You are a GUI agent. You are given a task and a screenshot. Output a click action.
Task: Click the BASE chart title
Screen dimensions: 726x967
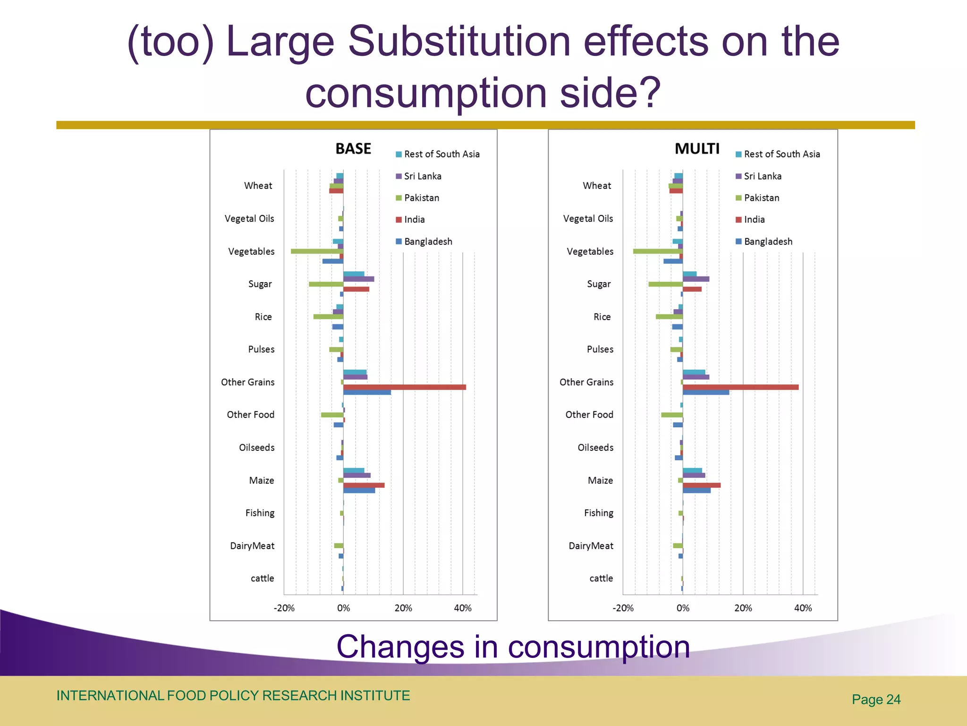353,149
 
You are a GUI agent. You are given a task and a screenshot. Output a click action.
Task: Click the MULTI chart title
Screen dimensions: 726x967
697,149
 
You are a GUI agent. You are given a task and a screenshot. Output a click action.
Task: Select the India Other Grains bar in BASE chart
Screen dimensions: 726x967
404,387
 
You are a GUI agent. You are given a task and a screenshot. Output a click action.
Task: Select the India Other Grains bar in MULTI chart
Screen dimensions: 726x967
740,387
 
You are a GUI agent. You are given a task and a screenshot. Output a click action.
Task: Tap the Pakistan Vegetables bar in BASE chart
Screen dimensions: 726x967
317,251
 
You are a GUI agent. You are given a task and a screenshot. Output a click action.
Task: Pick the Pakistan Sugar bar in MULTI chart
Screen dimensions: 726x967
665,284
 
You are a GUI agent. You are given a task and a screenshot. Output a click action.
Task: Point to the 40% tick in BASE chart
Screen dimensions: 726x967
462,608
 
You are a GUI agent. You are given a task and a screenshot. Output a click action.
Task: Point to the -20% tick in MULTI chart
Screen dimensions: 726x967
623,608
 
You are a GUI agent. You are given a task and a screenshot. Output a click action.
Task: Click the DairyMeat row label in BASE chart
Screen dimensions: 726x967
252,546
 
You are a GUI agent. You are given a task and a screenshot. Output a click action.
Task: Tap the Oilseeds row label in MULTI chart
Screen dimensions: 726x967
595,448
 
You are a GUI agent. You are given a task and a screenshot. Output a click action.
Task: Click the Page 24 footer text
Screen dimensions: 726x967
876,700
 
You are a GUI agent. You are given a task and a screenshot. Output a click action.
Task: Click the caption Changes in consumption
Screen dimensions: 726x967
513,647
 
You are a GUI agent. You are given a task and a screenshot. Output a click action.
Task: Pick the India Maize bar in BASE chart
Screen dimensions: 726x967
364,485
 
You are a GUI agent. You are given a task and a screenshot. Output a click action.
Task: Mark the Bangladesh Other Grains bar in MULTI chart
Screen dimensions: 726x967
705,392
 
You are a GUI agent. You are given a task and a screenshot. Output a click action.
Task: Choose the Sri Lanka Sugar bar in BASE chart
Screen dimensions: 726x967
358,279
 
